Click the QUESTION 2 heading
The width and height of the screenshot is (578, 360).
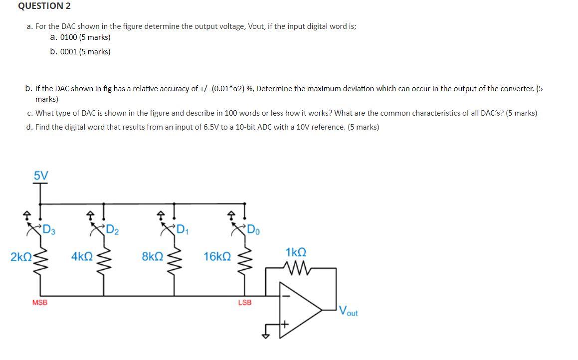point(44,6)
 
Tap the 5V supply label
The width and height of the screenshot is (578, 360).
point(41,176)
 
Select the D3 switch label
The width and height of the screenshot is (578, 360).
point(49,230)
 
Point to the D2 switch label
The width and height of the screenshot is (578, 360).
point(112,230)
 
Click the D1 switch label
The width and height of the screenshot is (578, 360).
point(183,230)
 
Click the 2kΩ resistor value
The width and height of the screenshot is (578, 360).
point(20,257)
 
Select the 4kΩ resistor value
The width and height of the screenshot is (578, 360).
point(82,257)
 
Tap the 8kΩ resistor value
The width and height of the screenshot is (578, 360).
point(152,257)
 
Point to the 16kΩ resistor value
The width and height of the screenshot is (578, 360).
point(217,257)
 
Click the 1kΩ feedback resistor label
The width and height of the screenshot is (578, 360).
point(296,252)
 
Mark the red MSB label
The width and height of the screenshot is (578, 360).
point(40,302)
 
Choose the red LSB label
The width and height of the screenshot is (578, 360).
point(245,302)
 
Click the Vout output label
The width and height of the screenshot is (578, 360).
point(348,312)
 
